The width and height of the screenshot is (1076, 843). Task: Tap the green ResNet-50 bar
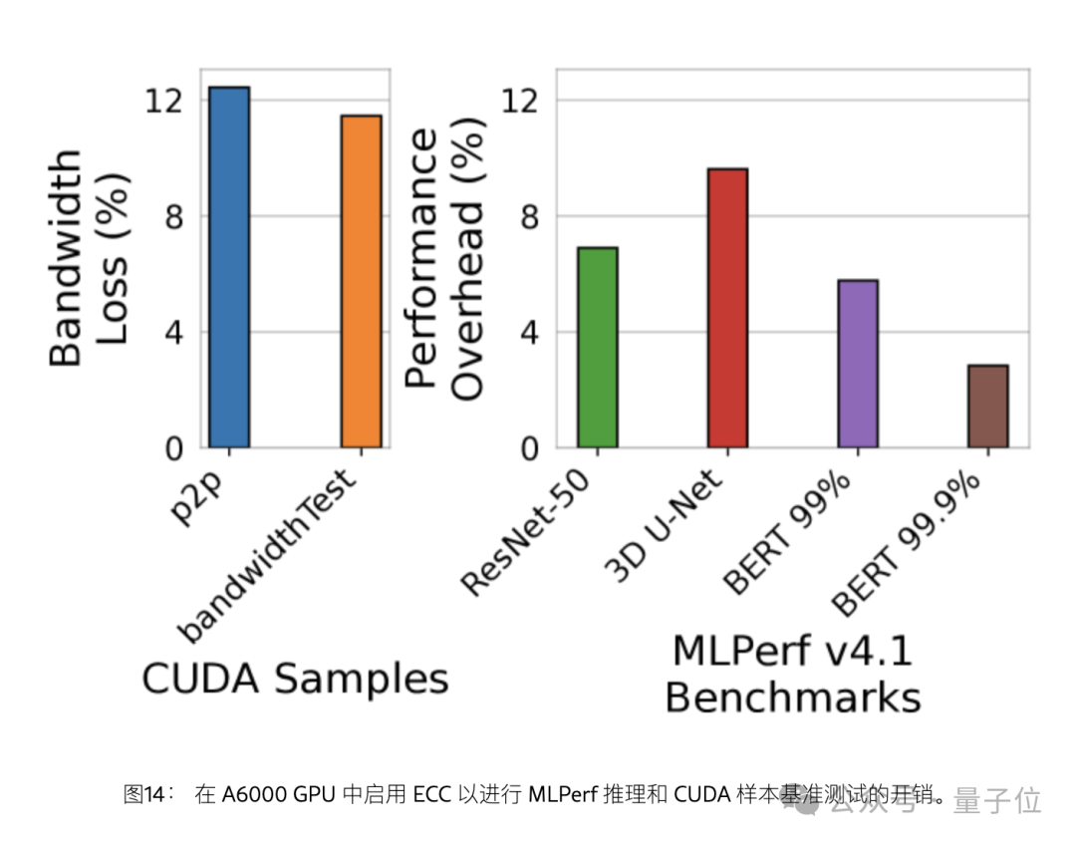(598, 348)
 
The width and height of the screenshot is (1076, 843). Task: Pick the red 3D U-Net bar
(727, 308)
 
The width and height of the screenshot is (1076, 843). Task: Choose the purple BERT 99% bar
(858, 364)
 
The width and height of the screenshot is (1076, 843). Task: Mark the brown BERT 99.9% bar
(988, 407)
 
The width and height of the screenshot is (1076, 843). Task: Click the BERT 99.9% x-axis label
(908, 543)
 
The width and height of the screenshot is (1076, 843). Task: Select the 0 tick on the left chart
(173, 448)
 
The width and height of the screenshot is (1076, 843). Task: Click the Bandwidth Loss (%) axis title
(89, 259)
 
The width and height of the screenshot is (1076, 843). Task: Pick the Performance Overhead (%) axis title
(444, 264)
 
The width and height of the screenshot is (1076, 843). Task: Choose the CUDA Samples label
(295, 679)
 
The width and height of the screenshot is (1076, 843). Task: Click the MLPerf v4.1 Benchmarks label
(792, 675)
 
